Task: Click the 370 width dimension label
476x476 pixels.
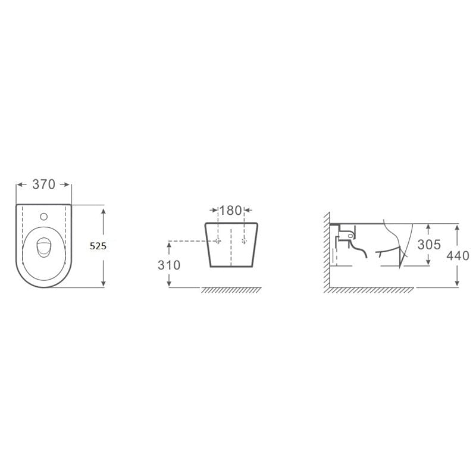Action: (x=43, y=184)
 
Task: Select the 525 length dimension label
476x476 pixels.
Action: (x=98, y=246)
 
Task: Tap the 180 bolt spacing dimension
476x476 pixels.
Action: (x=230, y=211)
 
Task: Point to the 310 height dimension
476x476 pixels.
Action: (x=169, y=265)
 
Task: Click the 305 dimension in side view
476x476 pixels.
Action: (x=429, y=245)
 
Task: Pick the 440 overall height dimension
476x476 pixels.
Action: (x=458, y=256)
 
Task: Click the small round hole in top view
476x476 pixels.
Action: (x=43, y=217)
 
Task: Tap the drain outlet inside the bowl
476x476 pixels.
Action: (x=43, y=248)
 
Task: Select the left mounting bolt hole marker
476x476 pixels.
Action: (x=218, y=241)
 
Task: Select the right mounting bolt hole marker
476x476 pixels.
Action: (x=244, y=241)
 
